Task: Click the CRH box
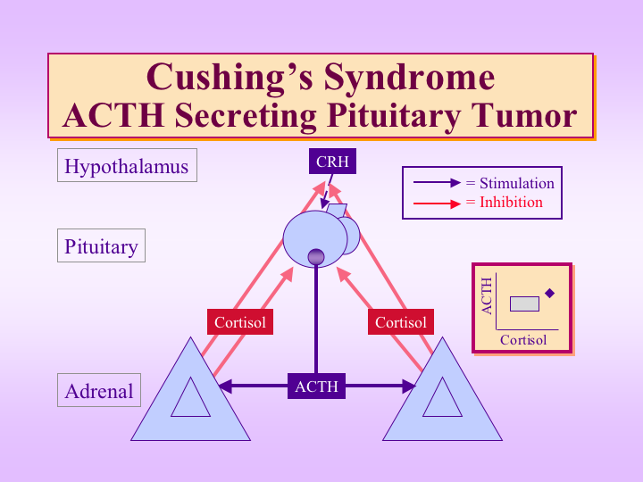tap(332, 161)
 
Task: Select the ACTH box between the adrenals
tap(316, 386)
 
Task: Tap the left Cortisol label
tap(240, 322)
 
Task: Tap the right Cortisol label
tap(401, 322)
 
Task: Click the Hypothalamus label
tap(127, 166)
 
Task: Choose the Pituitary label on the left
tap(101, 246)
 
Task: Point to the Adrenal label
tap(99, 390)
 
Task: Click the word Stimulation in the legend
tap(517, 183)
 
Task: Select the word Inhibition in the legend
tap(511, 202)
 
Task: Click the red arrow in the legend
tap(437, 204)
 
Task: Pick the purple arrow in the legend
tap(437, 183)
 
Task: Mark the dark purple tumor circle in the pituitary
tap(316, 257)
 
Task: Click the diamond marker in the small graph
tap(549, 293)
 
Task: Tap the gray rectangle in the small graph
tap(524, 303)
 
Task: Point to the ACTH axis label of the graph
tap(487, 296)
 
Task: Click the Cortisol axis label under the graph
tap(523, 340)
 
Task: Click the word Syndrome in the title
tap(409, 78)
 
